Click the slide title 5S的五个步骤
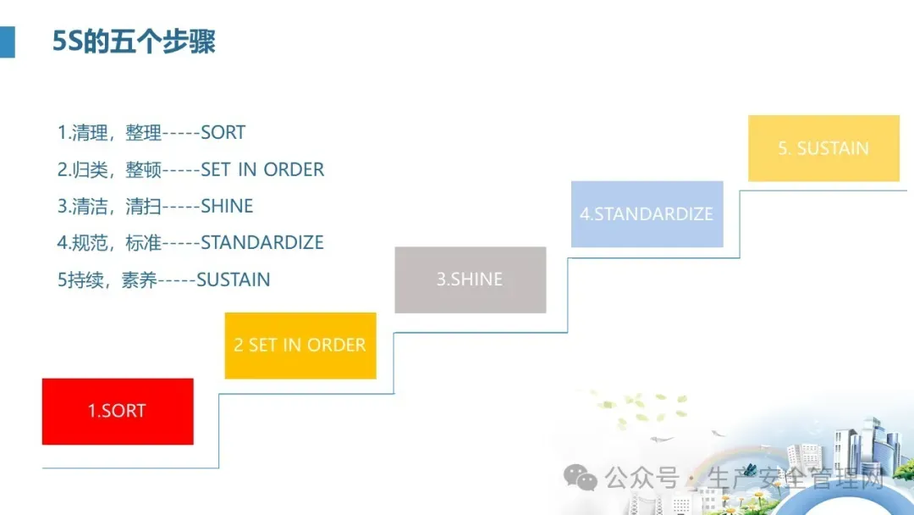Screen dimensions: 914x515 [x=134, y=42]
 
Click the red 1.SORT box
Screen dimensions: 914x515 [x=118, y=412]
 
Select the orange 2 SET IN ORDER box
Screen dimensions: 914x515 [x=300, y=346]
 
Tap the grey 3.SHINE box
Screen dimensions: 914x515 [x=471, y=280]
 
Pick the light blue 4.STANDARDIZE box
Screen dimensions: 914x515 [x=647, y=214]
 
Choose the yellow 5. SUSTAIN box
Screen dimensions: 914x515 [x=823, y=148]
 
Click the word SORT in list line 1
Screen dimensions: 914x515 [x=223, y=133]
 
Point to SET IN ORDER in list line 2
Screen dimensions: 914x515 [x=262, y=169]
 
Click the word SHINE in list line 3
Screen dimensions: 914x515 [x=227, y=206]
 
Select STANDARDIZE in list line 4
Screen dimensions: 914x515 [x=262, y=242]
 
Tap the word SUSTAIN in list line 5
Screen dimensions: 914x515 [x=234, y=280]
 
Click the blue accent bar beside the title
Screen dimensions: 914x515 [x=7, y=42]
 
